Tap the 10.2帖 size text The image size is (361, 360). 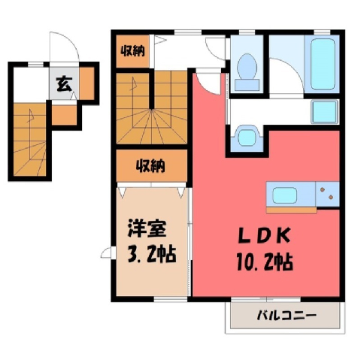265,262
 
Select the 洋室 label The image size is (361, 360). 147,228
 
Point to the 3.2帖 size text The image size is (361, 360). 152,254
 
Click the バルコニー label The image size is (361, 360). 287,316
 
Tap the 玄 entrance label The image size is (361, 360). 64,83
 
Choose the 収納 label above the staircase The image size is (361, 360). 133,51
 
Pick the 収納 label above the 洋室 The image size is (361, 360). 150,165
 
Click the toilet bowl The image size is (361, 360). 247,66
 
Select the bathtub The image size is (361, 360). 323,64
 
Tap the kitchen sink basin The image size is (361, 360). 284,195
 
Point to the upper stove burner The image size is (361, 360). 322,189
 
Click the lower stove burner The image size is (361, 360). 331,197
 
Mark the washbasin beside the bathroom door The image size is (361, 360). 247,137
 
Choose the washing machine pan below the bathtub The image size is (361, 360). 324,112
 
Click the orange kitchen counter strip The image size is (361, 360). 292,210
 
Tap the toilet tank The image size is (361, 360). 247,85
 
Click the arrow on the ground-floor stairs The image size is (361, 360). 30,116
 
